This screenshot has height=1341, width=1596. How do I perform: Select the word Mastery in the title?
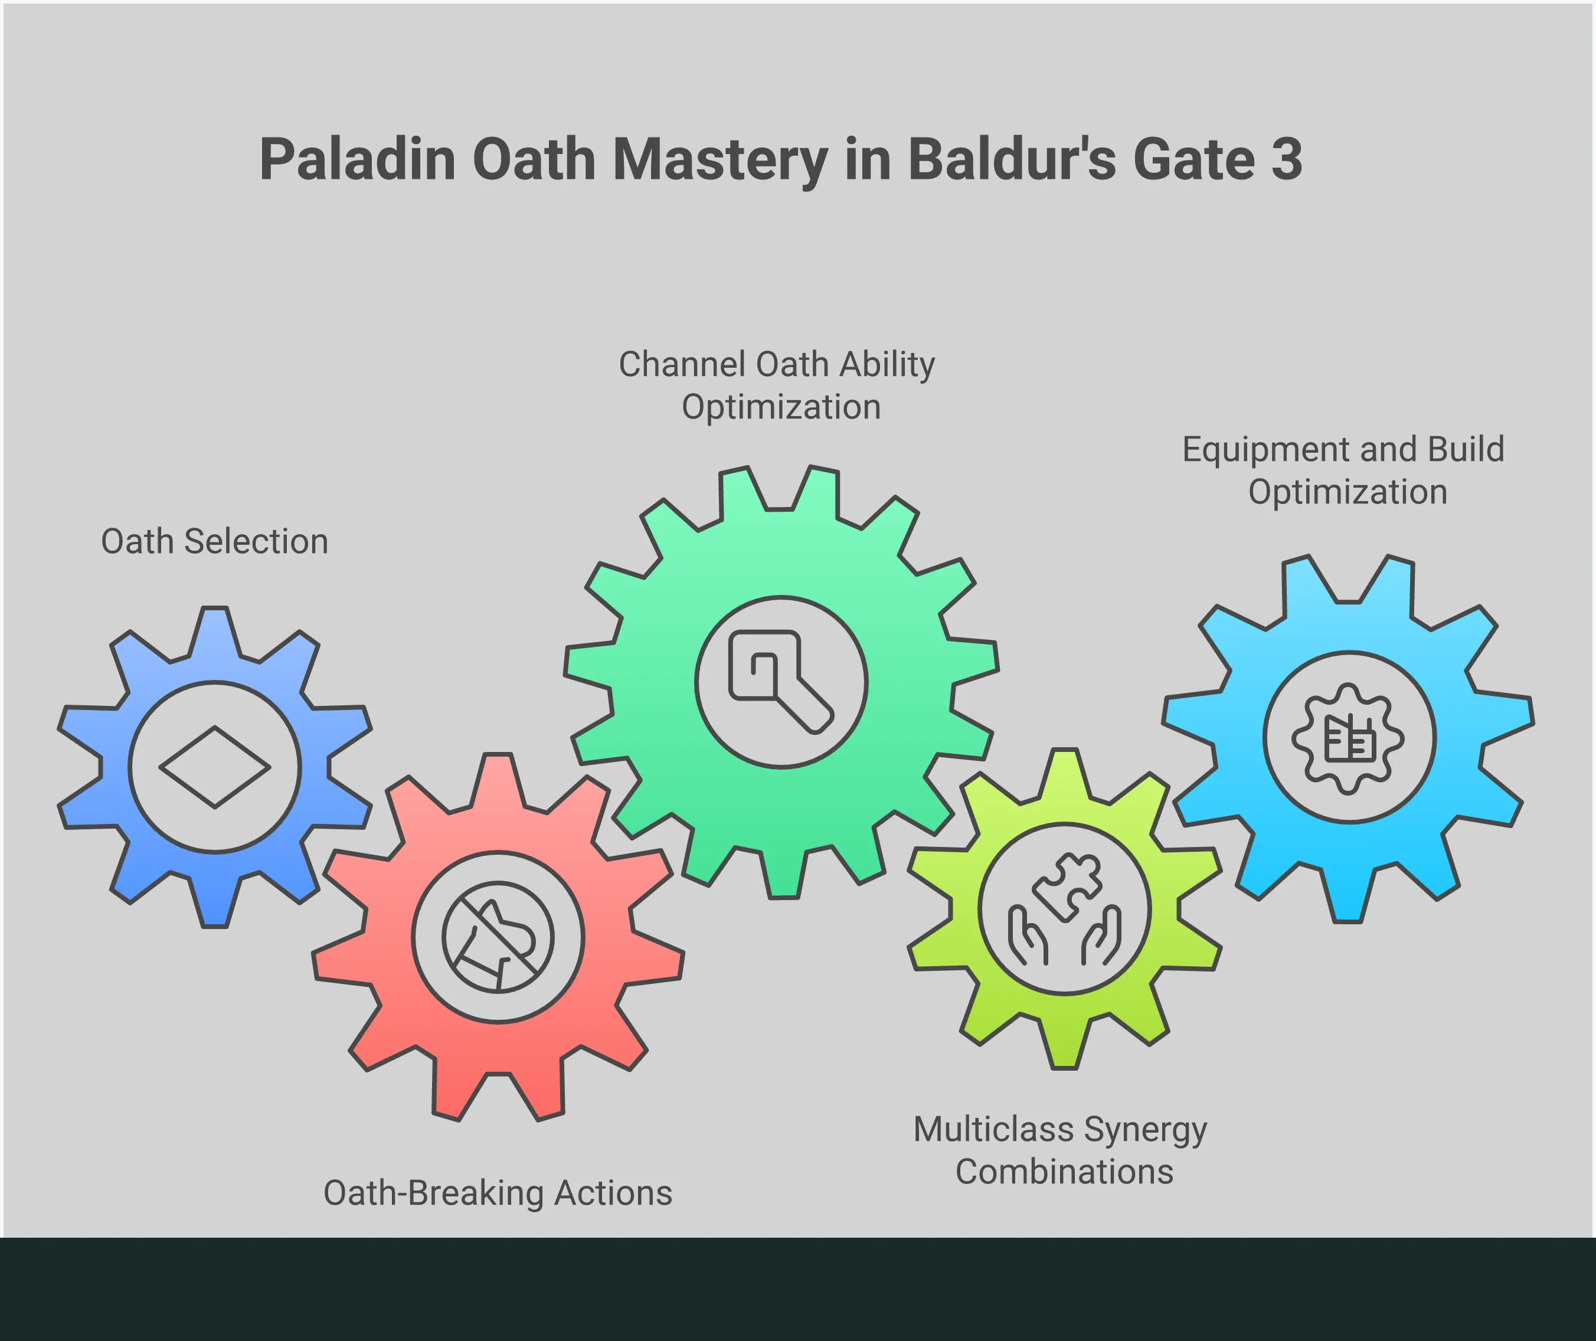coord(719,161)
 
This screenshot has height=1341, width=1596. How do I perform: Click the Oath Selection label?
coord(214,541)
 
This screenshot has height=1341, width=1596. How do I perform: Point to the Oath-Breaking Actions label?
coord(498,1193)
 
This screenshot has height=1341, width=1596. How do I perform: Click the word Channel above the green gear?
coord(681,364)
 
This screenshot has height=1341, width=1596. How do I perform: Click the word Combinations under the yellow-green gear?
coord(1064,1172)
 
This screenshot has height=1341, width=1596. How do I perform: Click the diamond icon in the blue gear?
coord(214,766)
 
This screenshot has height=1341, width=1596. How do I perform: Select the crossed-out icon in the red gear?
coord(498,937)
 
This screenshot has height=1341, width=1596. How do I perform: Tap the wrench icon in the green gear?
coord(781,682)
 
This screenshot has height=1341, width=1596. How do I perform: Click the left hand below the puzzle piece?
coord(1028,935)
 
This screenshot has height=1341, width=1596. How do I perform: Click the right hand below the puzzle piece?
coord(1101,935)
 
